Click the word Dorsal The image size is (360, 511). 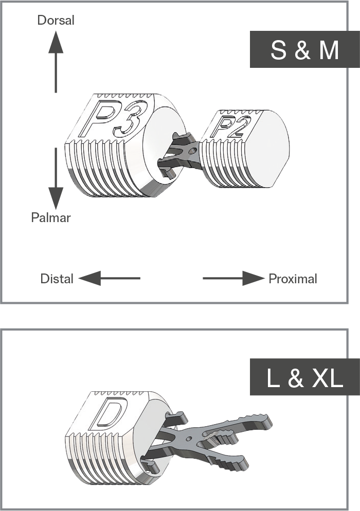[x=56, y=20]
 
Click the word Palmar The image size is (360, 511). [x=50, y=217]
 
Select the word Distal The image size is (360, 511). [x=57, y=279]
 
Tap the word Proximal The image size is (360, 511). [x=293, y=279]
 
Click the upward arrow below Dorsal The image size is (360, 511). [x=56, y=62]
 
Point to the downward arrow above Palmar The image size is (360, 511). [x=56, y=178]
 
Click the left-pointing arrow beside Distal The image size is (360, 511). [x=109, y=278]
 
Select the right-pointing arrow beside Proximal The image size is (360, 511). [x=233, y=278]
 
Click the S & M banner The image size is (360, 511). [x=305, y=49]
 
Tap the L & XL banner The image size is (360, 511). [x=305, y=377]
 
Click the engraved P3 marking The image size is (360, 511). [x=112, y=119]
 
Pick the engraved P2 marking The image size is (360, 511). [x=231, y=125]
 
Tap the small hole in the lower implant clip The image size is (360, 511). [x=189, y=439]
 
